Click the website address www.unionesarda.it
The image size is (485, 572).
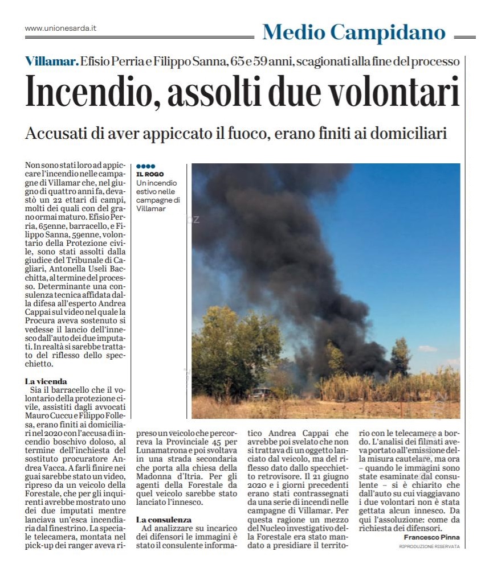[60, 28]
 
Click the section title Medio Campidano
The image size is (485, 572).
[353, 32]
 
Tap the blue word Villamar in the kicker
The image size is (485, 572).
[51, 61]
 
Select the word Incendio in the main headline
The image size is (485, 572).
[91, 92]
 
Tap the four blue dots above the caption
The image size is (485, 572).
[145, 166]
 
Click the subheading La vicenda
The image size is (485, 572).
[46, 381]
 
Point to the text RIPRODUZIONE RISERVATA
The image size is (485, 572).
[429, 546]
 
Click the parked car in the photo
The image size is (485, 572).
[262, 393]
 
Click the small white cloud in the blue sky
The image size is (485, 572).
[427, 348]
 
